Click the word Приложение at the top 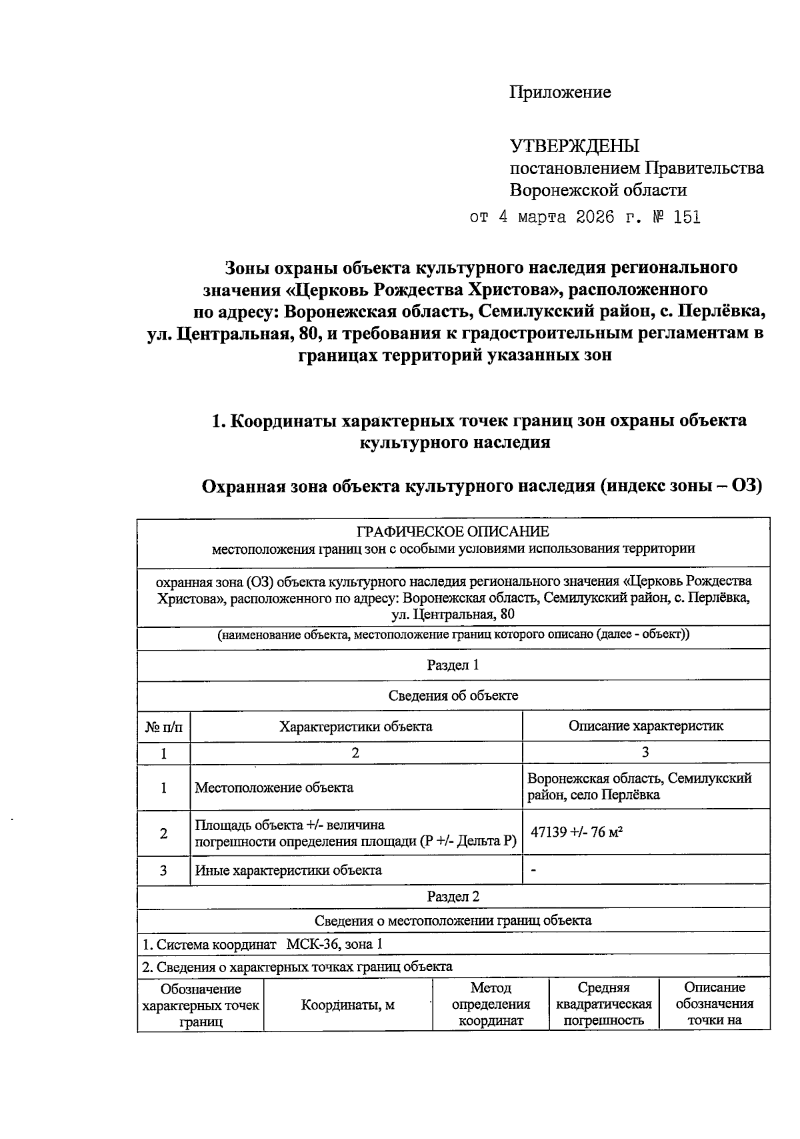pyautogui.click(x=560, y=92)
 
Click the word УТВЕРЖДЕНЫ pyautogui.click(x=574, y=145)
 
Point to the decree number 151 pyautogui.click(x=687, y=218)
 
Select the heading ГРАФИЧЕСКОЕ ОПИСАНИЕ pyautogui.click(x=453, y=532)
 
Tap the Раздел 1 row pyautogui.click(x=453, y=665)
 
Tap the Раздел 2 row pyautogui.click(x=453, y=896)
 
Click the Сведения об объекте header pyautogui.click(x=453, y=695)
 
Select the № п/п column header pyautogui.click(x=163, y=726)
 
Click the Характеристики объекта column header pyautogui.click(x=355, y=726)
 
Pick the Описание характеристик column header pyautogui.click(x=645, y=726)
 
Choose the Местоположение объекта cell pyautogui.click(x=274, y=787)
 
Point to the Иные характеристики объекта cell pyautogui.click(x=288, y=870)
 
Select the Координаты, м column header pyautogui.click(x=347, y=1004)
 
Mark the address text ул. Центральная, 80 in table pyautogui.click(x=453, y=614)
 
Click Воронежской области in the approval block pyautogui.click(x=598, y=190)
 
